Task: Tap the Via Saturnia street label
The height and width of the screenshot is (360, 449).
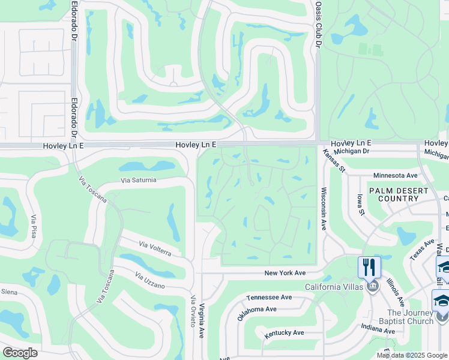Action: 138,180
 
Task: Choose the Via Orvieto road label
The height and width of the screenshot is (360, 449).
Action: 193,311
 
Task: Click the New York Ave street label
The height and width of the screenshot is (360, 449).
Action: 286,273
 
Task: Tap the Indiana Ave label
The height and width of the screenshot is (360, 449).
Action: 378,329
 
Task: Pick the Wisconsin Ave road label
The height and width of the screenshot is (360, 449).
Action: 324,209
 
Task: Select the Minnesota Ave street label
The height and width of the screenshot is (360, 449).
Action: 394,175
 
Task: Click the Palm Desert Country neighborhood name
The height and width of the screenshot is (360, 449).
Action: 399,194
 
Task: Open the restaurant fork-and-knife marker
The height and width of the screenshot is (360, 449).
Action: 369,266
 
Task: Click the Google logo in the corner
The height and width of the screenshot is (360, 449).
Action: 20,353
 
